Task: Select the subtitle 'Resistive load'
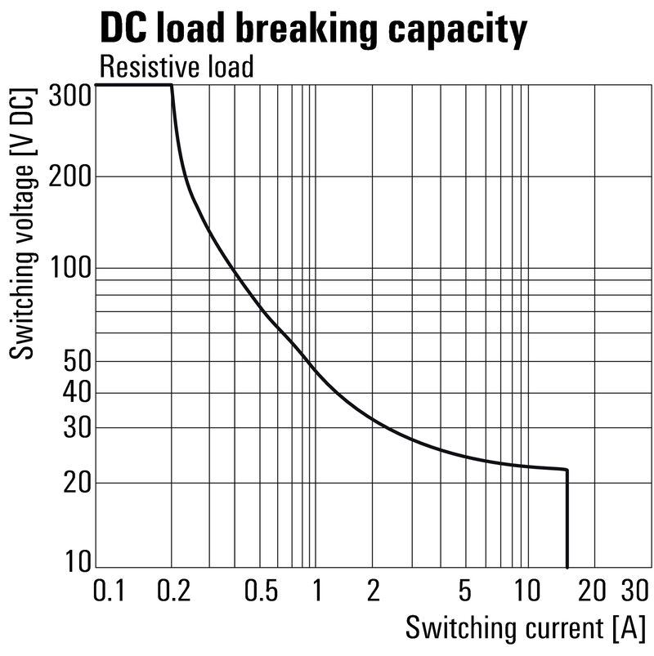tap(176, 66)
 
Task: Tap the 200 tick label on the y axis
tap(69, 176)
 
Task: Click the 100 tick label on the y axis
tap(69, 268)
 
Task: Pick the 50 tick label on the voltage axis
tap(75, 361)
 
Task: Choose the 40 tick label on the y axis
tap(75, 393)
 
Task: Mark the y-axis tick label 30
tap(75, 428)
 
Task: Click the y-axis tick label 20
tap(75, 483)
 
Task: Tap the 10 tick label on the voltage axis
tap(77, 562)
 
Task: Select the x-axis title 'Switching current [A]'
tap(525, 629)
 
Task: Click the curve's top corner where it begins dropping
tap(172, 85)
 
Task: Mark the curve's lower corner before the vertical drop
tap(567, 470)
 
